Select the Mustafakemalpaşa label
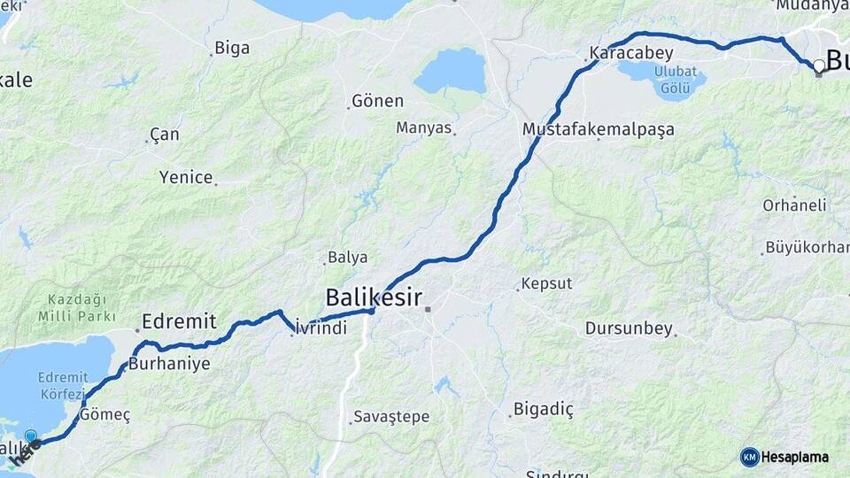[x=599, y=129]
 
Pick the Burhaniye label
[x=169, y=363]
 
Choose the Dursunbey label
[x=629, y=328]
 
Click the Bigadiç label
[x=545, y=409]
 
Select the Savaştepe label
[x=390, y=416]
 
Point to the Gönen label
[x=377, y=101]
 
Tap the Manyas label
[x=424, y=127]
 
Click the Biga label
[x=232, y=48]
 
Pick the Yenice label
[x=186, y=177]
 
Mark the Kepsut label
[x=546, y=284]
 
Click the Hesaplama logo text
[x=794, y=458]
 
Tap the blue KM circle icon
[x=749, y=457]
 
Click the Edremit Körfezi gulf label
[x=62, y=385]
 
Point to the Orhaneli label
[x=794, y=205]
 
